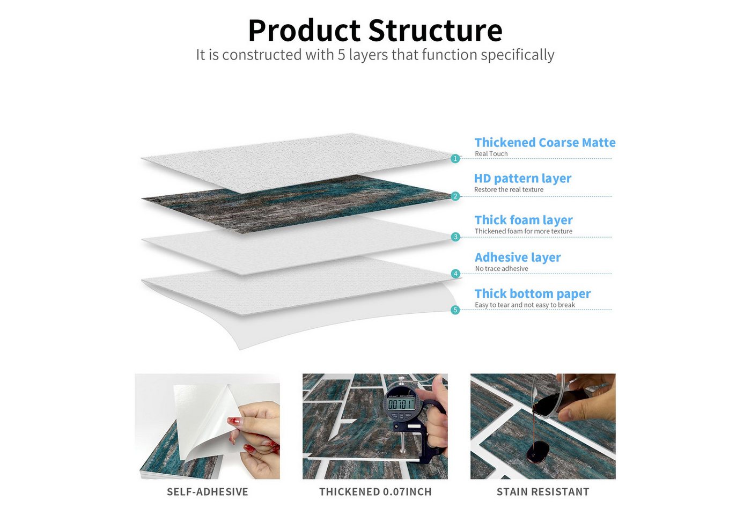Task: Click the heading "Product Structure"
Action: [375, 31]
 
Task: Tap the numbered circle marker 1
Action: [455, 158]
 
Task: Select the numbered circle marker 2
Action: [455, 196]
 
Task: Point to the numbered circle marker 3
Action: [455, 237]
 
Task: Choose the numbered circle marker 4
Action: [455, 274]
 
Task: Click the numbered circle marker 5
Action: [455, 310]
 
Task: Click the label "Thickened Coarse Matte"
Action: [545, 143]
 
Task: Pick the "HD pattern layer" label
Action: [522, 179]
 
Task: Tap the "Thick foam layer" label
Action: [524, 220]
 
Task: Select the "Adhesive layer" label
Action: [518, 257]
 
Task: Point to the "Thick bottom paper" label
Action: [533, 294]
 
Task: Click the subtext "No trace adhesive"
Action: [502, 269]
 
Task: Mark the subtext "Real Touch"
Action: [491, 153]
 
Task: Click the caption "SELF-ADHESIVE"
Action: [208, 492]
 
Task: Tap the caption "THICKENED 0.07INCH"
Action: [376, 492]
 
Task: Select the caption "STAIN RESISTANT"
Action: [543, 492]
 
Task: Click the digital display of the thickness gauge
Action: [401, 405]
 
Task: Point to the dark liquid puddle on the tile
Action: [538, 452]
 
